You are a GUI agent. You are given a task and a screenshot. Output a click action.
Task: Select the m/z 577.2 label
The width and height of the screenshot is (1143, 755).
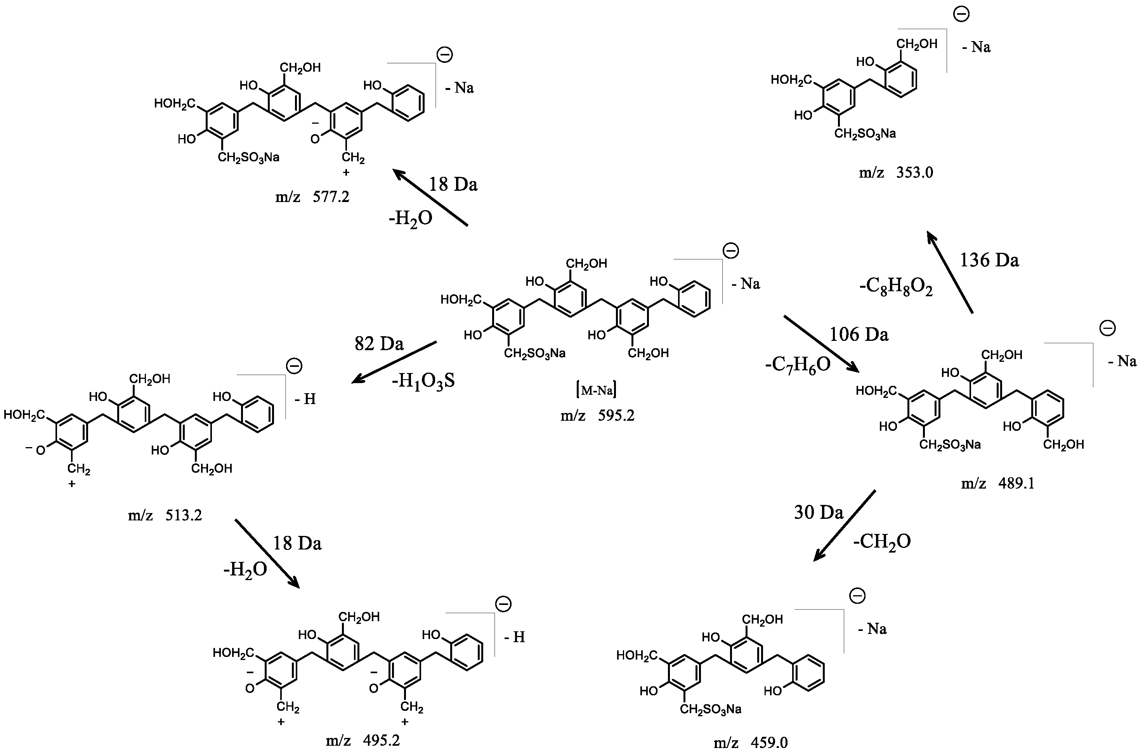pos(312,197)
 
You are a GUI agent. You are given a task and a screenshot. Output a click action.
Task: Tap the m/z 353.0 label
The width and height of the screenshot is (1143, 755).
pos(896,173)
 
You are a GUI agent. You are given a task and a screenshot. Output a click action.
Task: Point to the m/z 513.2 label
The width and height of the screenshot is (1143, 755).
pos(165,515)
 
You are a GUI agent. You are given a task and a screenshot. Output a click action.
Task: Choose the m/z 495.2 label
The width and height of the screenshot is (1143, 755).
pos(363,740)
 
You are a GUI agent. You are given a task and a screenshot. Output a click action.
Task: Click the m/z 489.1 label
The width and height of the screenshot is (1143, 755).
pos(997,483)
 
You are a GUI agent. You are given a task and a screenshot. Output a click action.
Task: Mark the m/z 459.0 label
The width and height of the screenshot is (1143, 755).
pos(751,743)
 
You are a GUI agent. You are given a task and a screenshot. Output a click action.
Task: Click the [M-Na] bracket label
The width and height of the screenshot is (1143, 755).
pos(597,390)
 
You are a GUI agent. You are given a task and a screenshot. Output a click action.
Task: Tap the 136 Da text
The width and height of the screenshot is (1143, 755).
pos(989,261)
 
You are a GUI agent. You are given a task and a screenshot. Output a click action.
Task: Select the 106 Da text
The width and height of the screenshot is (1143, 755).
pos(859,334)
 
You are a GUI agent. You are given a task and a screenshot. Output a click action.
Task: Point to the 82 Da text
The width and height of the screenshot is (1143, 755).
pos(379,344)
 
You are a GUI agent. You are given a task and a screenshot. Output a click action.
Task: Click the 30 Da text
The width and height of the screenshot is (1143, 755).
pos(819,512)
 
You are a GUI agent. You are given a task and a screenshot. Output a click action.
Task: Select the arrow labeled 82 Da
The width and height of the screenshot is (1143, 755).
pos(394,362)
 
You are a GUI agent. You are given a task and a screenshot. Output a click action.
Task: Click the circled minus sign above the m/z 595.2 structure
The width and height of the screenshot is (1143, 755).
pos(731,251)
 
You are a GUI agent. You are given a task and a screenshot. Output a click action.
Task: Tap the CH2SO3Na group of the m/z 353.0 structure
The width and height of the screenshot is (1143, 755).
pos(865,134)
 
